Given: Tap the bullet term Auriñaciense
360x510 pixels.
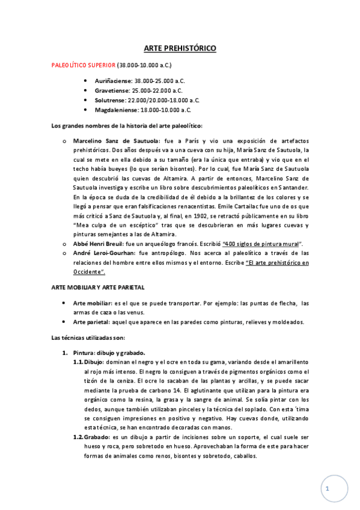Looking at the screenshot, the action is point(114,80).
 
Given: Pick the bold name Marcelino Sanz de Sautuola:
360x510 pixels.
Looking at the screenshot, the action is point(114,140).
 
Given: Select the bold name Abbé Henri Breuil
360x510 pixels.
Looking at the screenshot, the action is point(99,243).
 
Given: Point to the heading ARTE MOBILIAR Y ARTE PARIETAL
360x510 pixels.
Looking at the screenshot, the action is point(97,287).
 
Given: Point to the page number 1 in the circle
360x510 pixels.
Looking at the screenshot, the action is point(328,489).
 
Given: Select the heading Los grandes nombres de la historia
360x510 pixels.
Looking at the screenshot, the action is point(127,125).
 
